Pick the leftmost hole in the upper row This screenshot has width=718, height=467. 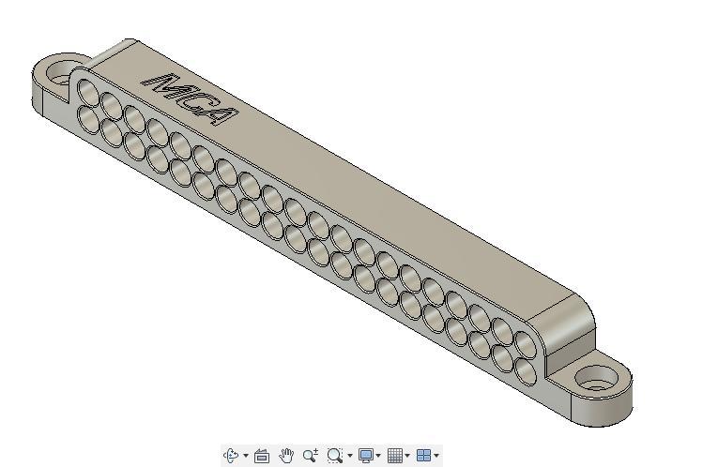point(88,91)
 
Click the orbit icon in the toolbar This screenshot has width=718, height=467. point(232,456)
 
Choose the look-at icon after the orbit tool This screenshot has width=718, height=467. point(262,456)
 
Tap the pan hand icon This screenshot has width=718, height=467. point(286,456)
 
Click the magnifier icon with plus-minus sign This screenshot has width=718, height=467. point(311,456)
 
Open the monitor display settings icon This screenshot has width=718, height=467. point(366,456)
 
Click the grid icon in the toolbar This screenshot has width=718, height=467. point(395,456)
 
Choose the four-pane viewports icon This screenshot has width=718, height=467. point(423,456)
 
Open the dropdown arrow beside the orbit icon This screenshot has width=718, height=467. point(246,457)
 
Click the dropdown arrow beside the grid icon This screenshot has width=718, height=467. point(407,457)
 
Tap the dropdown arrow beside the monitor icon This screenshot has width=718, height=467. point(378,457)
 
